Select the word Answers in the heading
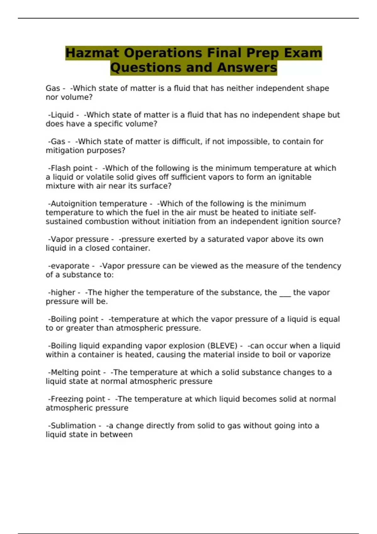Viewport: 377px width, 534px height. tap(247, 68)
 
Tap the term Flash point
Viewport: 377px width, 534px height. tap(72, 168)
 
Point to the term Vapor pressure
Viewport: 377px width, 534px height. tap(79, 239)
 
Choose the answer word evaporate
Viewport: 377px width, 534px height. tap(70, 266)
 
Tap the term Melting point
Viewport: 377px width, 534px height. tap(75, 372)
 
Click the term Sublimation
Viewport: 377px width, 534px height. tap(73, 426)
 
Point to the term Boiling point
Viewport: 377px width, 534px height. tap(74, 319)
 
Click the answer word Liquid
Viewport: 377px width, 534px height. tap(62, 115)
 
